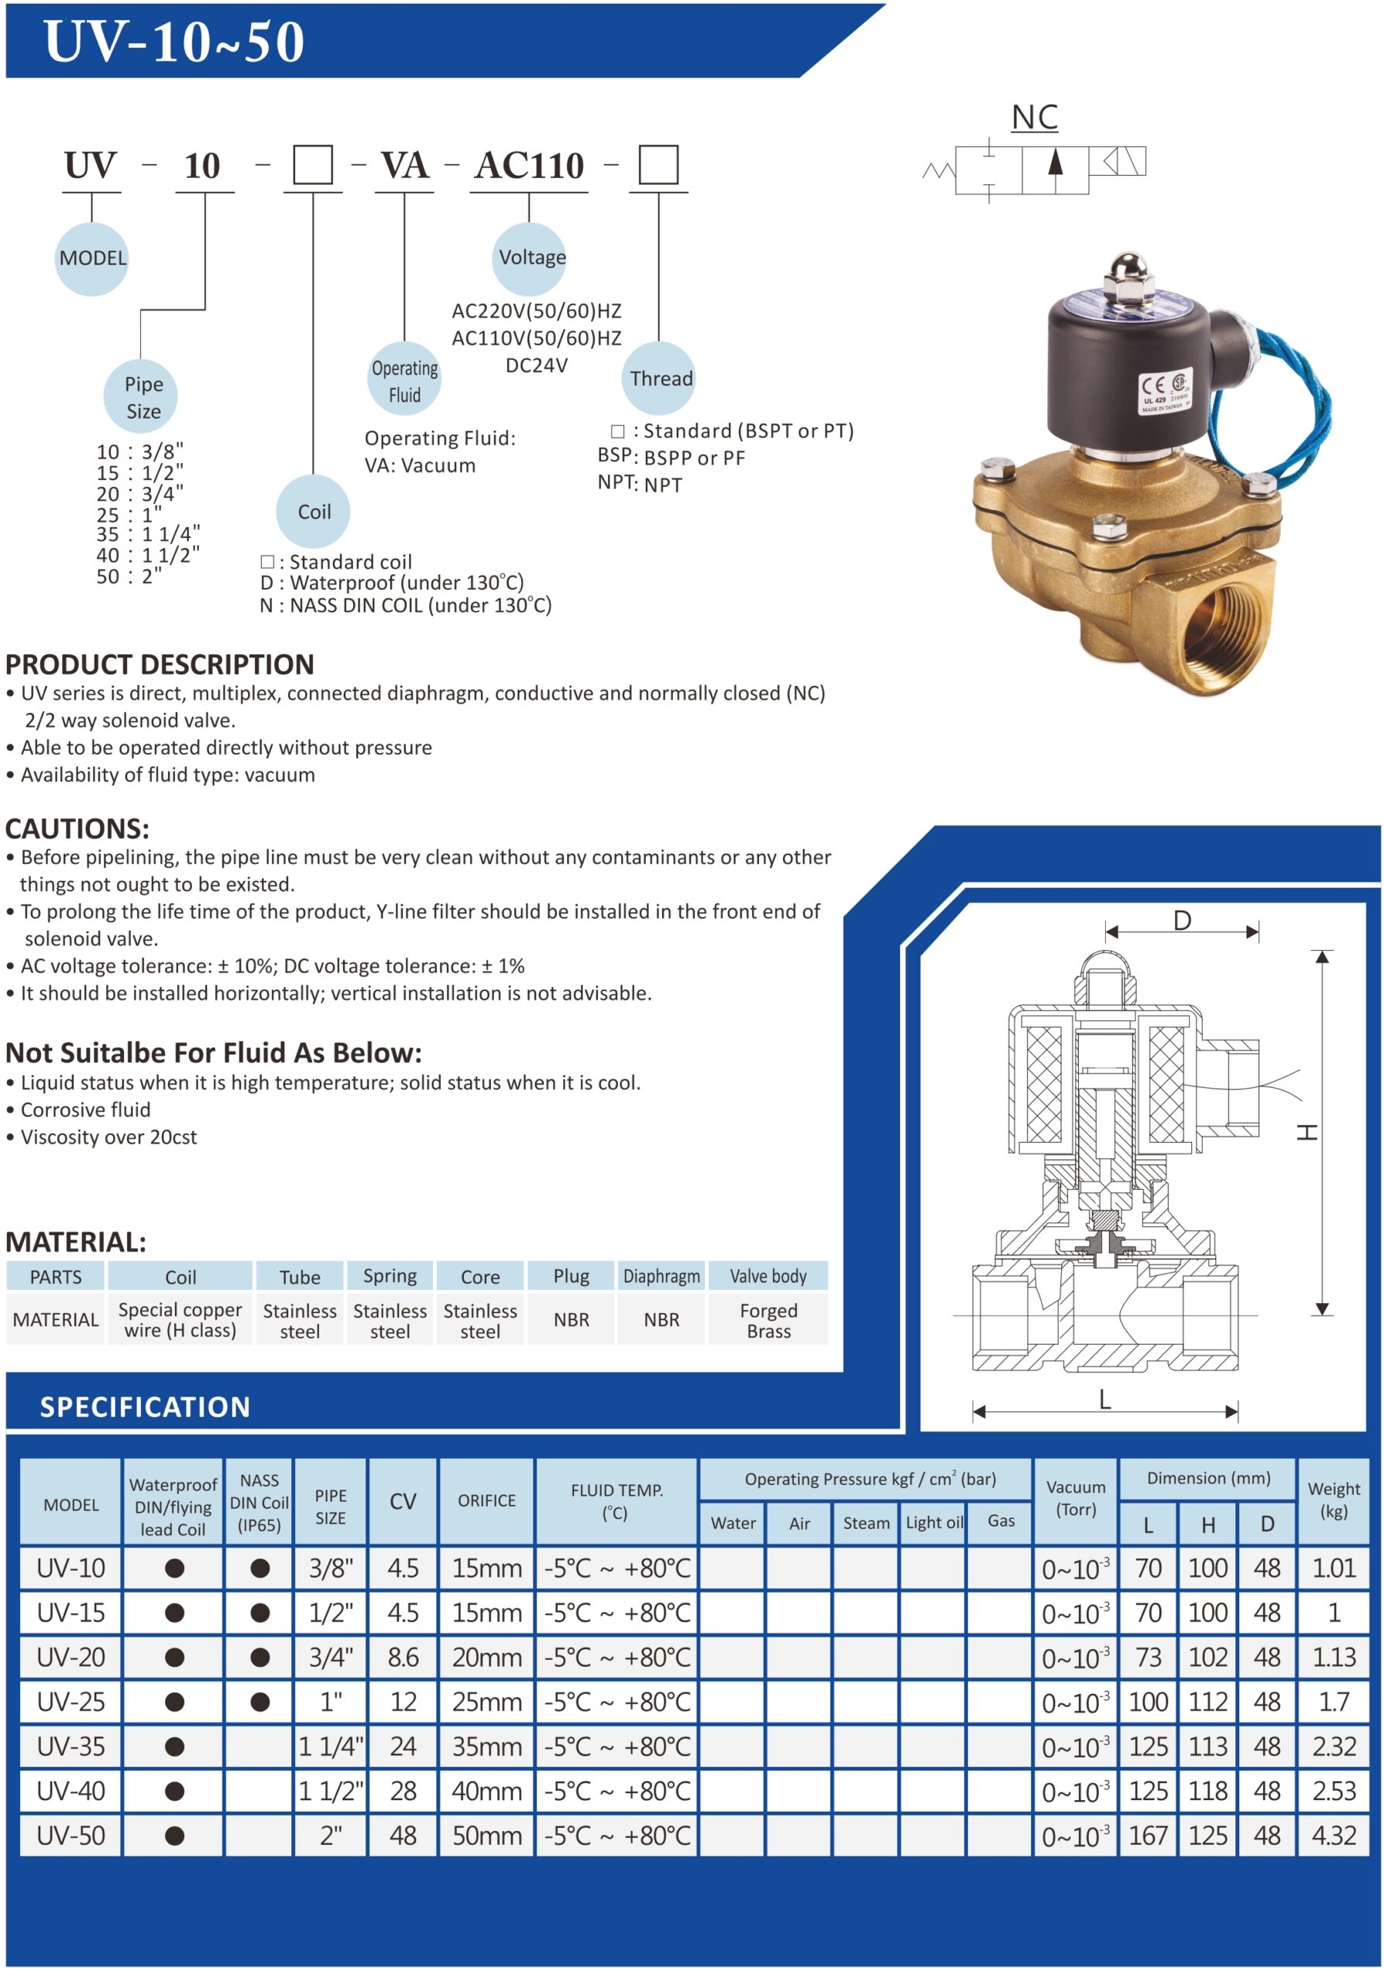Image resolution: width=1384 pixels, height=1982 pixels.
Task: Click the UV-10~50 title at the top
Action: point(173,42)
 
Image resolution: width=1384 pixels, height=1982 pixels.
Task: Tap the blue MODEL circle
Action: point(91,258)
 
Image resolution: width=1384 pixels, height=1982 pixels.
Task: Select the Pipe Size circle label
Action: point(143,396)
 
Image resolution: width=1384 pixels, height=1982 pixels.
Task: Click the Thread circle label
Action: point(660,378)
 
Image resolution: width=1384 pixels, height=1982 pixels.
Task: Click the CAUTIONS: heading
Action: point(77,828)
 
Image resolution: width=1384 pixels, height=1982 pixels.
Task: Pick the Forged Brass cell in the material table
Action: point(768,1320)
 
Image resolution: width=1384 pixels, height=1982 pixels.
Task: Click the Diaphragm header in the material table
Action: point(661,1276)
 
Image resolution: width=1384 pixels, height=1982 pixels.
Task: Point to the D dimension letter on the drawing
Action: point(1181,921)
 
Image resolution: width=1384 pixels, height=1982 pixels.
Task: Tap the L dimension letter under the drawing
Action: point(1104,1399)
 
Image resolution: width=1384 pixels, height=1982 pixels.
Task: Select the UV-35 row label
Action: point(70,1747)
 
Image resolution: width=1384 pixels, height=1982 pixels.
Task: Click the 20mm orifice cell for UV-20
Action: point(487,1658)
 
